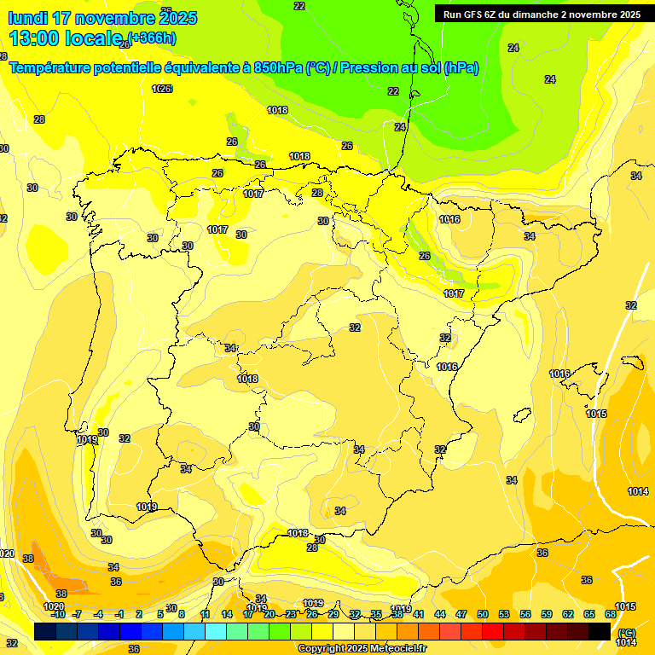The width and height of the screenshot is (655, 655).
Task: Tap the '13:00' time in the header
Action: (35, 38)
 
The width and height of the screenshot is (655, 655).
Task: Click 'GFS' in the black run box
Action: (473, 14)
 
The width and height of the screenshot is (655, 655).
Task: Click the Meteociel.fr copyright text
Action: (362, 649)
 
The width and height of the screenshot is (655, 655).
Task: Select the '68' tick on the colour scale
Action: (610, 614)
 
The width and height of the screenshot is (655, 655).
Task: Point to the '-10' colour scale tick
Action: (58, 614)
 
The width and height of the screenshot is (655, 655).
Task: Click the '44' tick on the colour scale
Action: (440, 614)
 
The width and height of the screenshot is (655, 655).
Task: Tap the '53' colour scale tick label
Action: (504, 614)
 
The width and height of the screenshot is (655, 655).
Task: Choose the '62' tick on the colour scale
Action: (568, 614)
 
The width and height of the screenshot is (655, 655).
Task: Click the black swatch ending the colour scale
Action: (600, 631)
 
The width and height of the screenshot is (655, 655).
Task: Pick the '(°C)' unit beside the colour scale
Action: (627, 633)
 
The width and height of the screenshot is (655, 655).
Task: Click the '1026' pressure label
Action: (162, 89)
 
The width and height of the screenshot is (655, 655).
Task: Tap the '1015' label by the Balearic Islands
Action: (596, 414)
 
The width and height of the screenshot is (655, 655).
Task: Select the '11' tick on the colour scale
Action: (206, 614)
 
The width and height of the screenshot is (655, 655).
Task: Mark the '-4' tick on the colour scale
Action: (99, 614)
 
